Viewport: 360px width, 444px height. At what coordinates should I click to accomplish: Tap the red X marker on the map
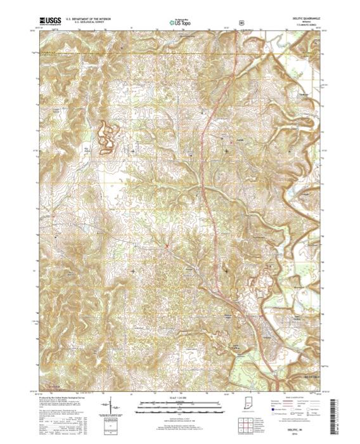coord(167,246)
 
